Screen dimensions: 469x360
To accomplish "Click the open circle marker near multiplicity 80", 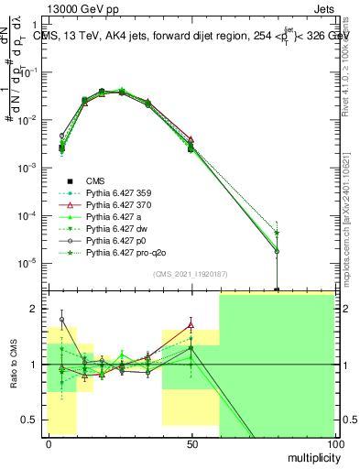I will tap(277, 251).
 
